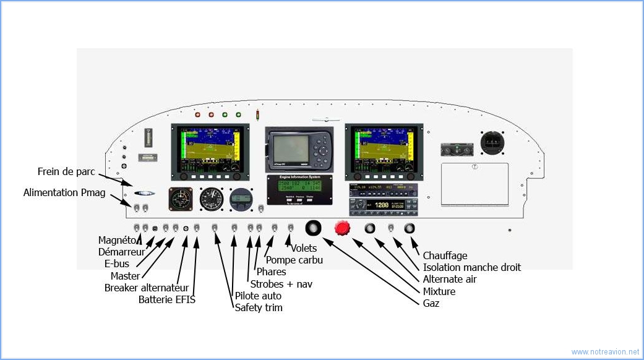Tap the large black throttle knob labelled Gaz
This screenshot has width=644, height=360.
click(x=314, y=228)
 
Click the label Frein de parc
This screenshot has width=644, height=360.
click(x=66, y=171)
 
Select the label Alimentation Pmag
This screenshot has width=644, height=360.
click(x=64, y=192)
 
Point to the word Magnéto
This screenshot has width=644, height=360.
click(x=117, y=240)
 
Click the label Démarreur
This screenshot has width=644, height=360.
click(x=122, y=252)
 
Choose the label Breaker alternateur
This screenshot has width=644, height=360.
click(x=146, y=288)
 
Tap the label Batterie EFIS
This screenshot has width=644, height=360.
click(x=166, y=300)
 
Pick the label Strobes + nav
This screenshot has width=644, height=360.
click(x=281, y=284)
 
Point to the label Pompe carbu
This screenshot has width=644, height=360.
click(x=294, y=260)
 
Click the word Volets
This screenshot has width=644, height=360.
click(x=304, y=249)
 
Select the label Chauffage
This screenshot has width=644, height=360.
click(x=445, y=255)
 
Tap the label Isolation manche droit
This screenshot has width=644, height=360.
click(x=472, y=267)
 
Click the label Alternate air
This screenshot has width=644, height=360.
click(x=450, y=280)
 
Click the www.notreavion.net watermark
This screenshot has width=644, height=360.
click(x=605, y=352)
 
